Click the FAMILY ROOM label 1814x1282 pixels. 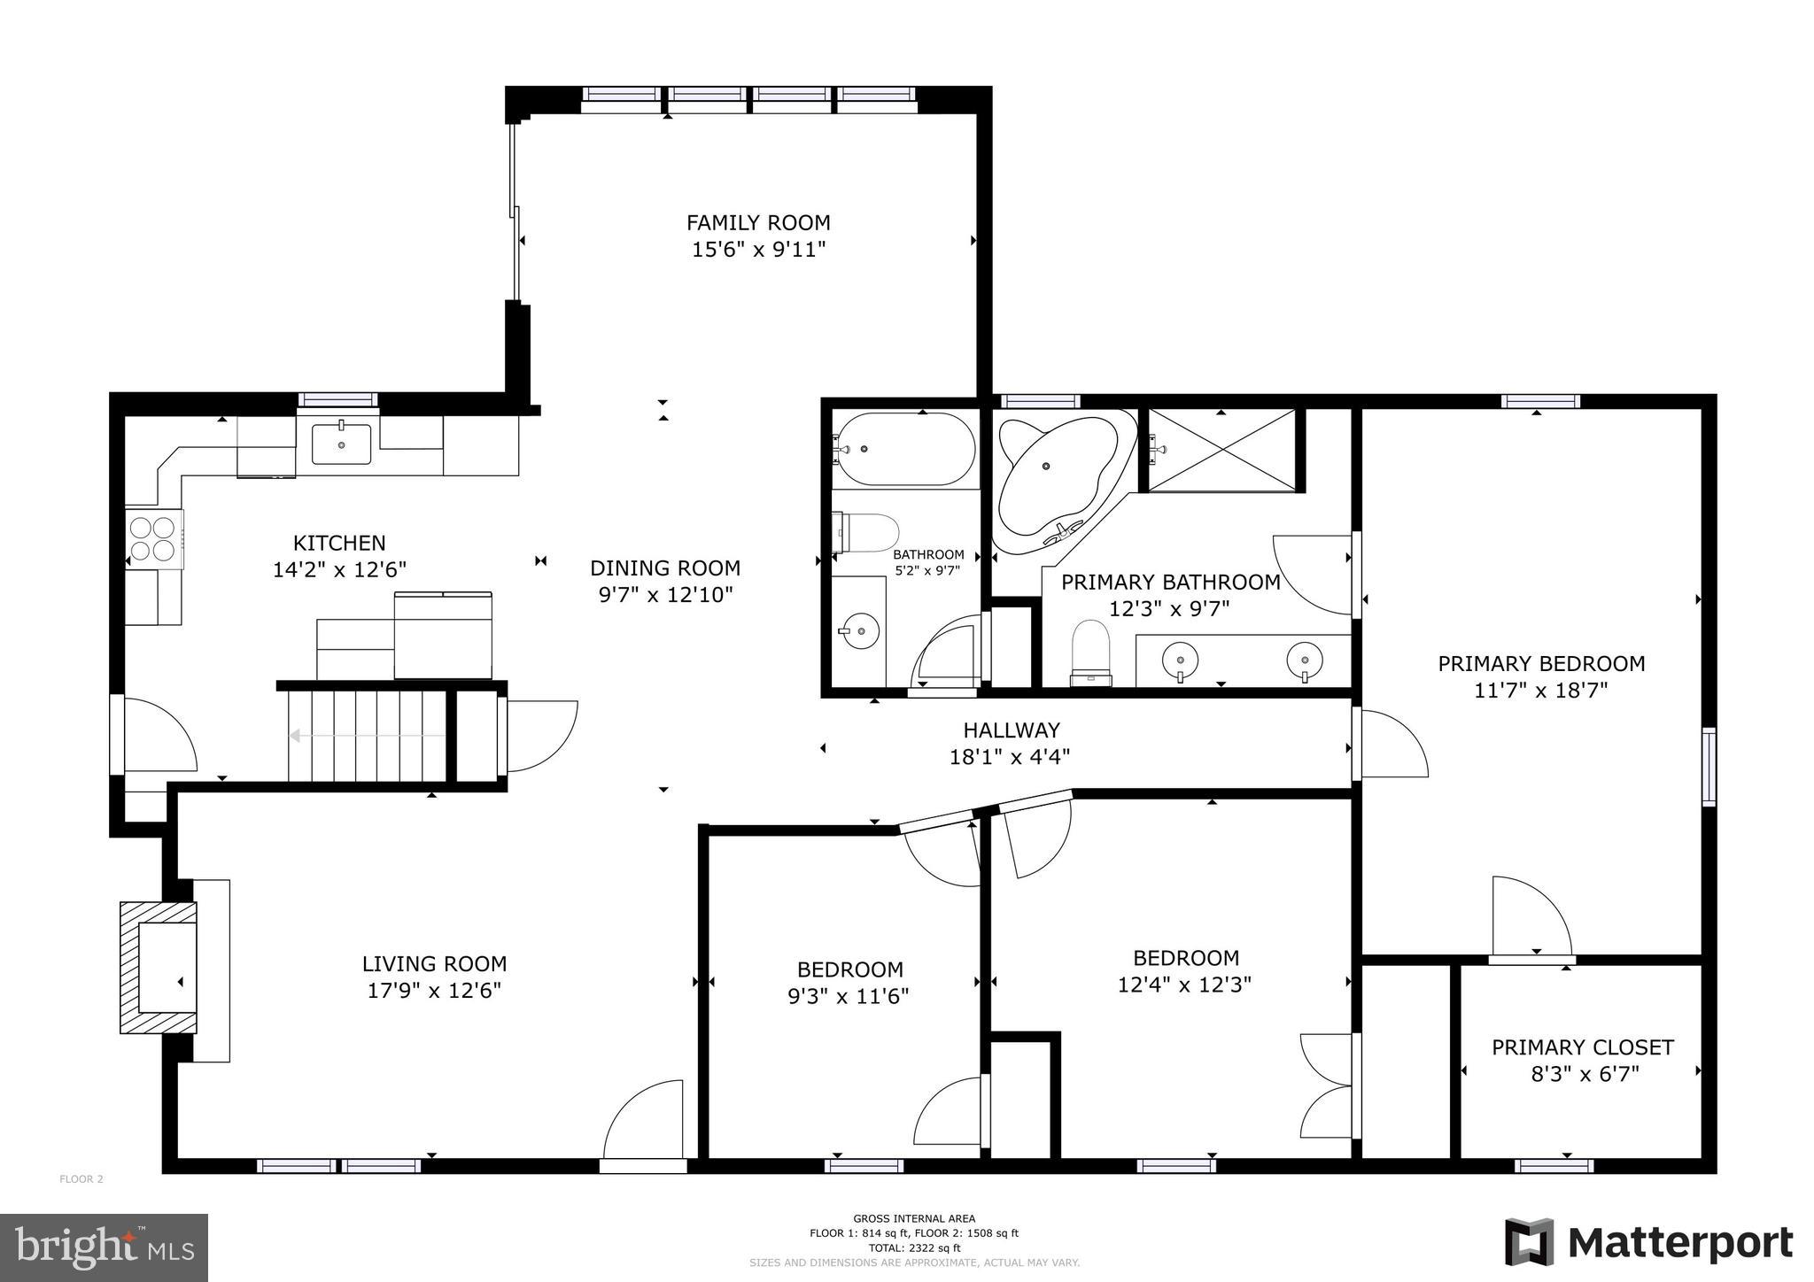758,222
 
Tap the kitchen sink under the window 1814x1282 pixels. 341,444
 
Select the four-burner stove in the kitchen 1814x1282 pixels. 151,539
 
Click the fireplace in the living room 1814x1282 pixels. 159,968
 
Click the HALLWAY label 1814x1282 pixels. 1012,730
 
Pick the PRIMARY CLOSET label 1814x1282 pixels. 1582,1047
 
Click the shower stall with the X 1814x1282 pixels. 1221,450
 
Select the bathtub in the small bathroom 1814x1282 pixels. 905,449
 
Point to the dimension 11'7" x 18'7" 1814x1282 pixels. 1540,691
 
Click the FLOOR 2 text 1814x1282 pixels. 81,1178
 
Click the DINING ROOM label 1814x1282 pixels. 665,568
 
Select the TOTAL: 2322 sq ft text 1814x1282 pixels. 914,1247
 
